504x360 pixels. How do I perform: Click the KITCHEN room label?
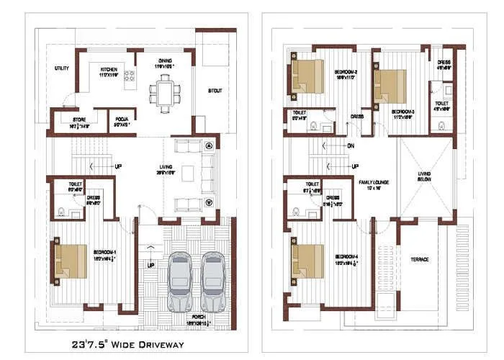pyautogui.click(x=109, y=71)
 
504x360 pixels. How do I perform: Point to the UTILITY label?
pyautogui.click(x=62, y=68)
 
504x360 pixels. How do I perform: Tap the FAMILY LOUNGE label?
pyautogui.click(x=374, y=184)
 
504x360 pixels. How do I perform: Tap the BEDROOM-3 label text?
pyautogui.click(x=402, y=112)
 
